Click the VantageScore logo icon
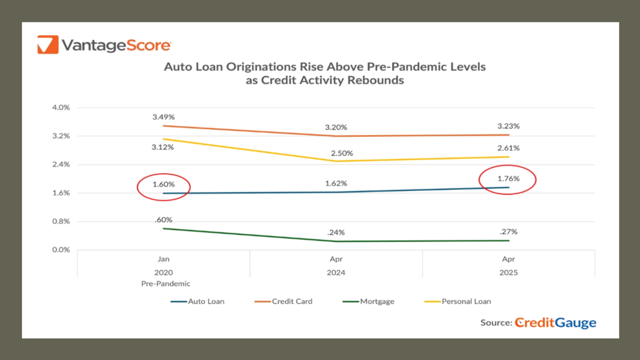point(48,45)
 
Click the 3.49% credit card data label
point(164,117)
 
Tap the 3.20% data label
point(336,127)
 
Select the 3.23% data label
point(508,126)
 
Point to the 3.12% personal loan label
point(163,147)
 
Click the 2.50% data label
point(342,153)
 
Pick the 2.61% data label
point(508,148)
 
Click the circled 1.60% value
point(164,185)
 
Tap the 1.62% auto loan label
point(336,183)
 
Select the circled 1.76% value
point(508,178)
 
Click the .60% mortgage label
point(164,220)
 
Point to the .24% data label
point(336,233)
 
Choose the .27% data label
point(508,232)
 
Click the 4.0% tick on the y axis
point(61,108)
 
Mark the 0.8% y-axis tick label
point(61,221)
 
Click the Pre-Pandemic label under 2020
point(165,284)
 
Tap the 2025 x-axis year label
point(508,272)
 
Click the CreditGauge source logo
point(555,322)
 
